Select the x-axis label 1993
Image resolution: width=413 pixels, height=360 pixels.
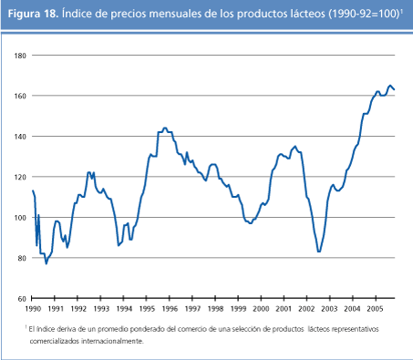coord(101,310)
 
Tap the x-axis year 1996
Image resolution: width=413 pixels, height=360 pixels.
coord(170,310)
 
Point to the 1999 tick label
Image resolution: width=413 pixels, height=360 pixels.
coord(239,310)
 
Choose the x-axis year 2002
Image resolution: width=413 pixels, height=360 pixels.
coord(307,310)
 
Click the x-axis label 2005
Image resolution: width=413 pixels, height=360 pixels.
coord(377,310)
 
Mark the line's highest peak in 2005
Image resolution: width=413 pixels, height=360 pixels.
coord(390,86)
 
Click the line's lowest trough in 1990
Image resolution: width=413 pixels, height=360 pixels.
coord(46,263)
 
